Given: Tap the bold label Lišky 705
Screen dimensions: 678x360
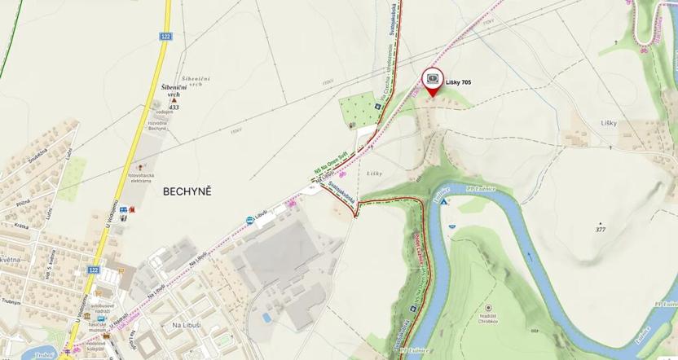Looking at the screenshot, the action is tap(459, 81).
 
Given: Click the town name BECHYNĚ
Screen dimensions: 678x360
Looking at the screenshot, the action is tap(187, 191).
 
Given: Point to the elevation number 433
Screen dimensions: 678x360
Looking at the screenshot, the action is tap(174, 108).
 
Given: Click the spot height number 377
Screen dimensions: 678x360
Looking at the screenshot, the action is tap(601, 230).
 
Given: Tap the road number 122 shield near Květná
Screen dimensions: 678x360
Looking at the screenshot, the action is tap(94, 270).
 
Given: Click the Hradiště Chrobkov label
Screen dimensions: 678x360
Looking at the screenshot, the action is tap(489, 318).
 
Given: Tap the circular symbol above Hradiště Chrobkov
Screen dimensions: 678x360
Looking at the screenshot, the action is tap(488, 307).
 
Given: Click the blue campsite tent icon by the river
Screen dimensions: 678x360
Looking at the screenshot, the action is tap(445, 200).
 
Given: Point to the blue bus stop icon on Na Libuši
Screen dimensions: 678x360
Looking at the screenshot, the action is tap(249, 220).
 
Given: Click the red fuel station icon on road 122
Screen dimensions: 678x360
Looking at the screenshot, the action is tap(130, 209).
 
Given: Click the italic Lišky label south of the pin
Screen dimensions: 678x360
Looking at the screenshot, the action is tap(374, 174).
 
